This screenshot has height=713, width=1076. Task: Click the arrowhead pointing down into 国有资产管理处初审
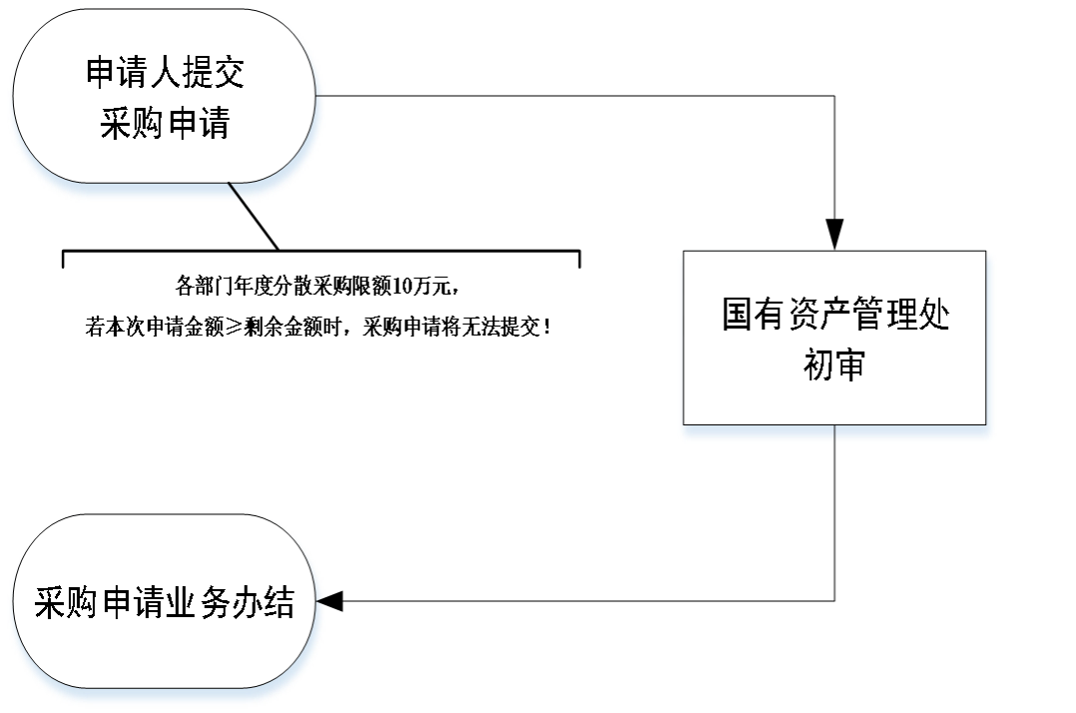(x=834, y=235)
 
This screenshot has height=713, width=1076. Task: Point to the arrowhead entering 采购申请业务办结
(x=329, y=601)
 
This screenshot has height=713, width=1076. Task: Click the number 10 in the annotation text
(x=401, y=286)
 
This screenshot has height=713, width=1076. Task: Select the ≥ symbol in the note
(x=234, y=328)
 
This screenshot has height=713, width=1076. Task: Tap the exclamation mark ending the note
(x=547, y=327)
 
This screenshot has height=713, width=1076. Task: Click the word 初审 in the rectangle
(x=834, y=364)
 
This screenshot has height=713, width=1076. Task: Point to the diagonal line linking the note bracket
(x=254, y=217)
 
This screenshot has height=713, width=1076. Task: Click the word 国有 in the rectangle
(x=754, y=315)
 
